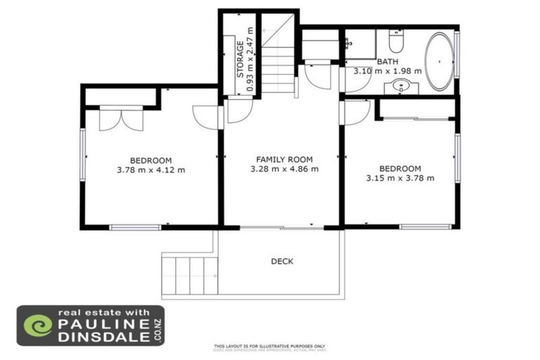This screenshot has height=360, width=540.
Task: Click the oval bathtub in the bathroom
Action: point(439,61)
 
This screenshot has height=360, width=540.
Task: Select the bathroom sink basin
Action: point(402,86)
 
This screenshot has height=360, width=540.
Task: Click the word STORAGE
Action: point(240,60)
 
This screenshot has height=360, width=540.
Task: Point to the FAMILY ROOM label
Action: point(284,160)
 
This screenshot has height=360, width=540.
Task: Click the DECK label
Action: point(282,262)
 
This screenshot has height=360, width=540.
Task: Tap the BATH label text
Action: point(387,62)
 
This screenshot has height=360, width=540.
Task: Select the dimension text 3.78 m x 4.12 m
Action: point(150,169)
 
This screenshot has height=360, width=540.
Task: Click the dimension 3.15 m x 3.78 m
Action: point(399,178)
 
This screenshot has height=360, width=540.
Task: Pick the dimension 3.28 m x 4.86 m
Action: point(284,169)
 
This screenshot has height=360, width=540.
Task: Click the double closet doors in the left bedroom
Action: point(121,118)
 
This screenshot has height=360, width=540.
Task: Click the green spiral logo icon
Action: point(38,326)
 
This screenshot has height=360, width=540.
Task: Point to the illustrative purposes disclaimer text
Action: point(269,346)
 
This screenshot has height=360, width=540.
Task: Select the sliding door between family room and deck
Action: point(281,227)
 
